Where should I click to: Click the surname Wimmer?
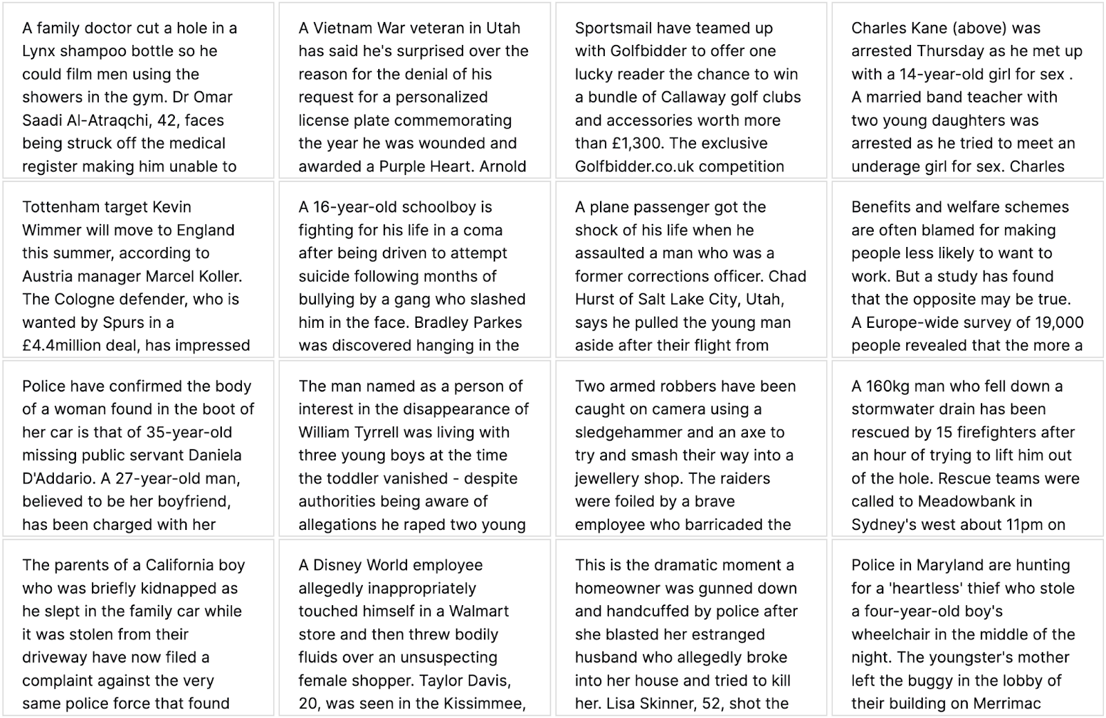pyautogui.click(x=52, y=230)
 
